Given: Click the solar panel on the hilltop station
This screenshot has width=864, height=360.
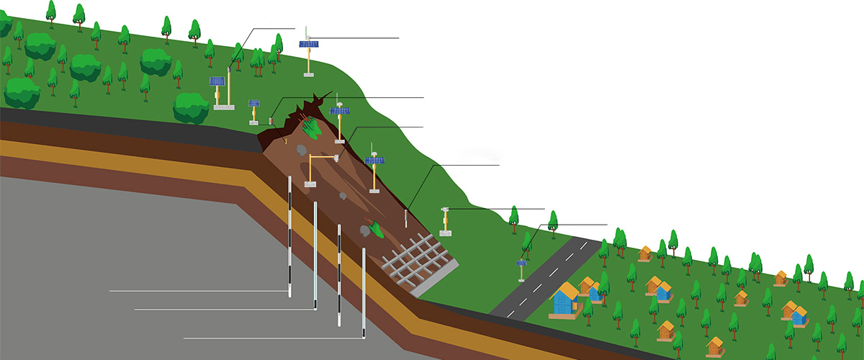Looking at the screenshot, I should pos(309,44).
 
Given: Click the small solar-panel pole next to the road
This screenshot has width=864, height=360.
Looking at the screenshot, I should pos(521,267).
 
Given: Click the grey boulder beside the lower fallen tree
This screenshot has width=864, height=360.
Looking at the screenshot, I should pos(365,230).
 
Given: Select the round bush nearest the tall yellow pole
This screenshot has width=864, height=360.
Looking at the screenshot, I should pos(190,108).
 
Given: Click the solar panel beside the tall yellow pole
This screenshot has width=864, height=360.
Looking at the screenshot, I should pos(217,81).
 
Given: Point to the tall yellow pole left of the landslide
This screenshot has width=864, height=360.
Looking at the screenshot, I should pos(228,86).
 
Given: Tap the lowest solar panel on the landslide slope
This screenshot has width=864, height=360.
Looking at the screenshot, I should pos(374,161).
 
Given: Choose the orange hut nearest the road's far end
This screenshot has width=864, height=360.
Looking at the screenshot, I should pos(644,253).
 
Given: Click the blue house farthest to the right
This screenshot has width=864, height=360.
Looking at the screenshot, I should pos(798,315).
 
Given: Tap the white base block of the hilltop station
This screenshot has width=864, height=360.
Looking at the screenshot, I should pos(309,73).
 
